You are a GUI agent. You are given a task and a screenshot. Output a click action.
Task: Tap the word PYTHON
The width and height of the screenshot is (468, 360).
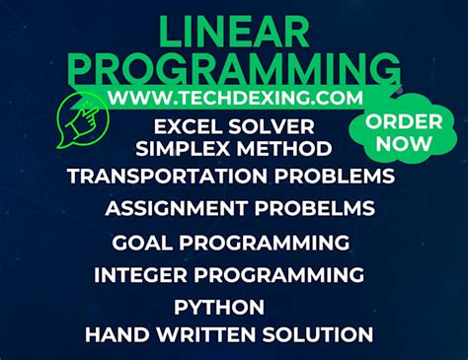coord(218,307)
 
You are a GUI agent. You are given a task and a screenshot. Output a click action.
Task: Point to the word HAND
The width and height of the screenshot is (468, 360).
coord(115,335)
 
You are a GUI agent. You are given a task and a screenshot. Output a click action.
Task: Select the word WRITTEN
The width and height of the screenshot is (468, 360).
coord(205,335)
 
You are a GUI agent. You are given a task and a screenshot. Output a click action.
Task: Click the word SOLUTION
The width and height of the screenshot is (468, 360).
coord(317,335)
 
